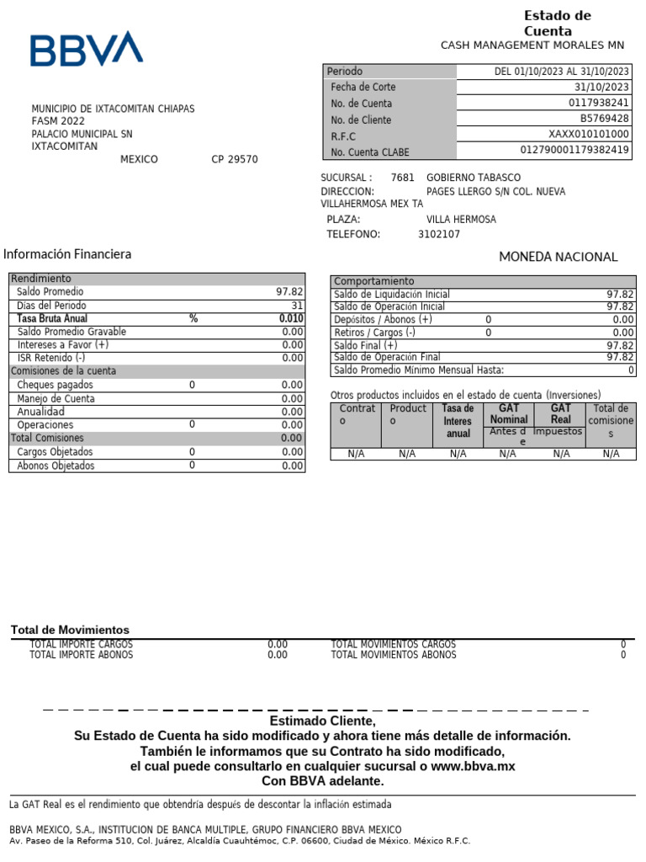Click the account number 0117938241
tap(599, 103)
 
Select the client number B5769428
tap(604, 119)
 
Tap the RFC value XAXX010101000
tap(589, 135)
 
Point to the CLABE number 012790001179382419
tap(575, 151)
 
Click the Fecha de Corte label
tap(363, 87)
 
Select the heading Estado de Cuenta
tap(558, 24)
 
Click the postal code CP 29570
tap(235, 160)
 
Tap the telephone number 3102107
tap(439, 235)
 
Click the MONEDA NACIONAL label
tap(558, 257)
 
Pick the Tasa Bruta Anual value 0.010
tap(291, 319)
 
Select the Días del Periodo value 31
tap(297, 306)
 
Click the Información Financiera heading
tap(67, 254)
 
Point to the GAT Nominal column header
tap(509, 413)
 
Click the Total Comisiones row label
tap(47, 438)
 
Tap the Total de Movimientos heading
tap(70, 630)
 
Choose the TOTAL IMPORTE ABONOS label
tap(81, 655)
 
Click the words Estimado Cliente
tap(322, 721)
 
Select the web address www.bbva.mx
tap(473, 766)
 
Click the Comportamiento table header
tap(374, 281)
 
